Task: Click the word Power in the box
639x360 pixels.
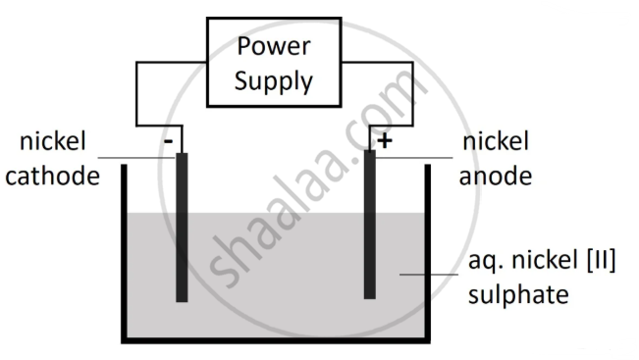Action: (x=274, y=45)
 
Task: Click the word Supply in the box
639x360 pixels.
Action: (x=274, y=80)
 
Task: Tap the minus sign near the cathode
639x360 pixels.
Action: (x=168, y=141)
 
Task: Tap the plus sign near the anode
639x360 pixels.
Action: (x=385, y=141)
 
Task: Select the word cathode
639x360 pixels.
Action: (x=52, y=176)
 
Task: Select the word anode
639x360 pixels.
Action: (x=495, y=176)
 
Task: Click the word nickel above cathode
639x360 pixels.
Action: (x=53, y=141)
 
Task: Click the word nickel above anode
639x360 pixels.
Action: (x=496, y=141)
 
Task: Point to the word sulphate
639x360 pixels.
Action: (x=518, y=295)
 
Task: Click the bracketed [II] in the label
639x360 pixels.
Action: (x=601, y=260)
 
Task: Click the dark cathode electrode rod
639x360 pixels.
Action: (x=182, y=228)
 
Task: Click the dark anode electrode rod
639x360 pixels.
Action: (x=370, y=225)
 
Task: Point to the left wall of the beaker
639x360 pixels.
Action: (x=124, y=253)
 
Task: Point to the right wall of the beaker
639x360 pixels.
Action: (x=428, y=253)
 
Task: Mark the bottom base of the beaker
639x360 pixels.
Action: (x=276, y=340)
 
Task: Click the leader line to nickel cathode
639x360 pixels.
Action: (x=137, y=158)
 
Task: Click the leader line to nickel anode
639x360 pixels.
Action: (x=414, y=158)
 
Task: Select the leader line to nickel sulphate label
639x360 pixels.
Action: (x=429, y=275)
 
